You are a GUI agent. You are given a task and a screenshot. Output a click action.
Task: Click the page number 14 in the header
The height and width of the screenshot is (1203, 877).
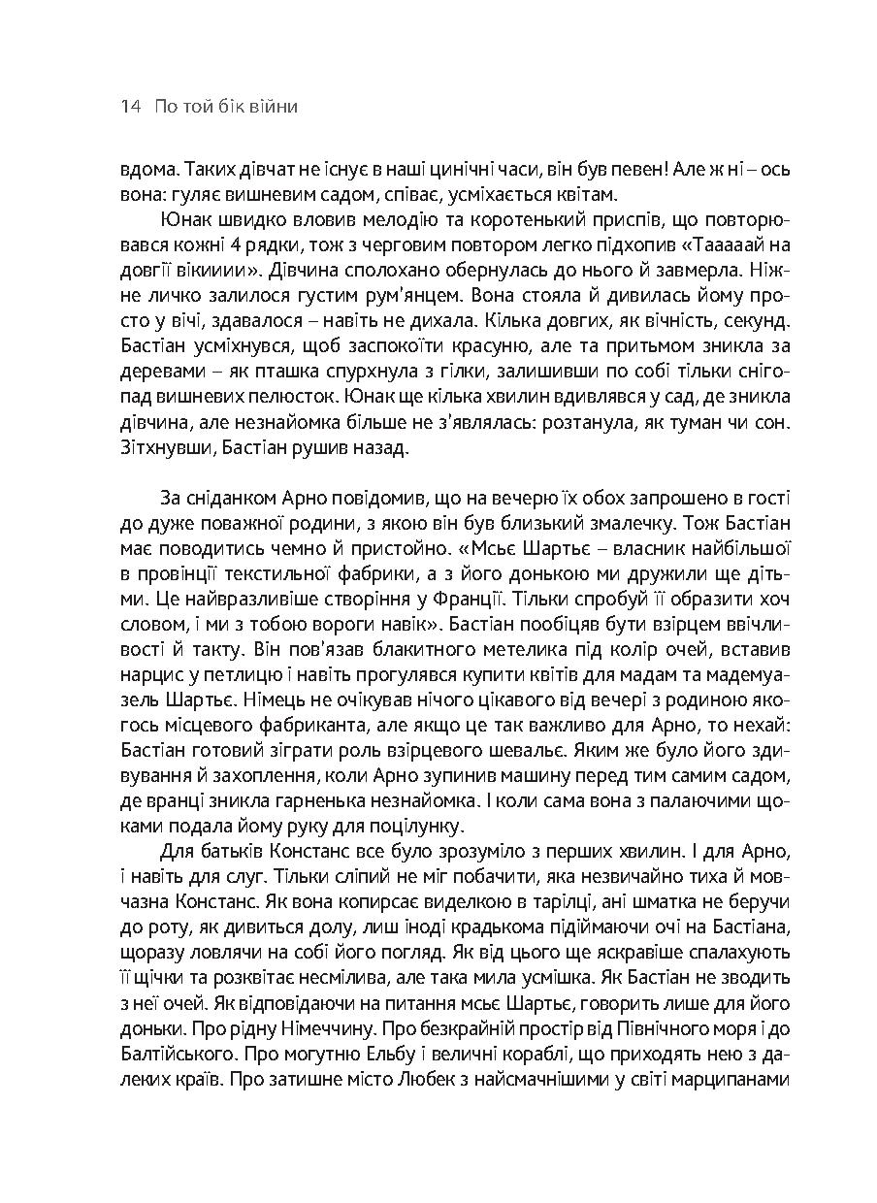(x=130, y=107)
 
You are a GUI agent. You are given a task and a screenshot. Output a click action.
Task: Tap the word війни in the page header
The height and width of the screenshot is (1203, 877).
(x=274, y=107)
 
